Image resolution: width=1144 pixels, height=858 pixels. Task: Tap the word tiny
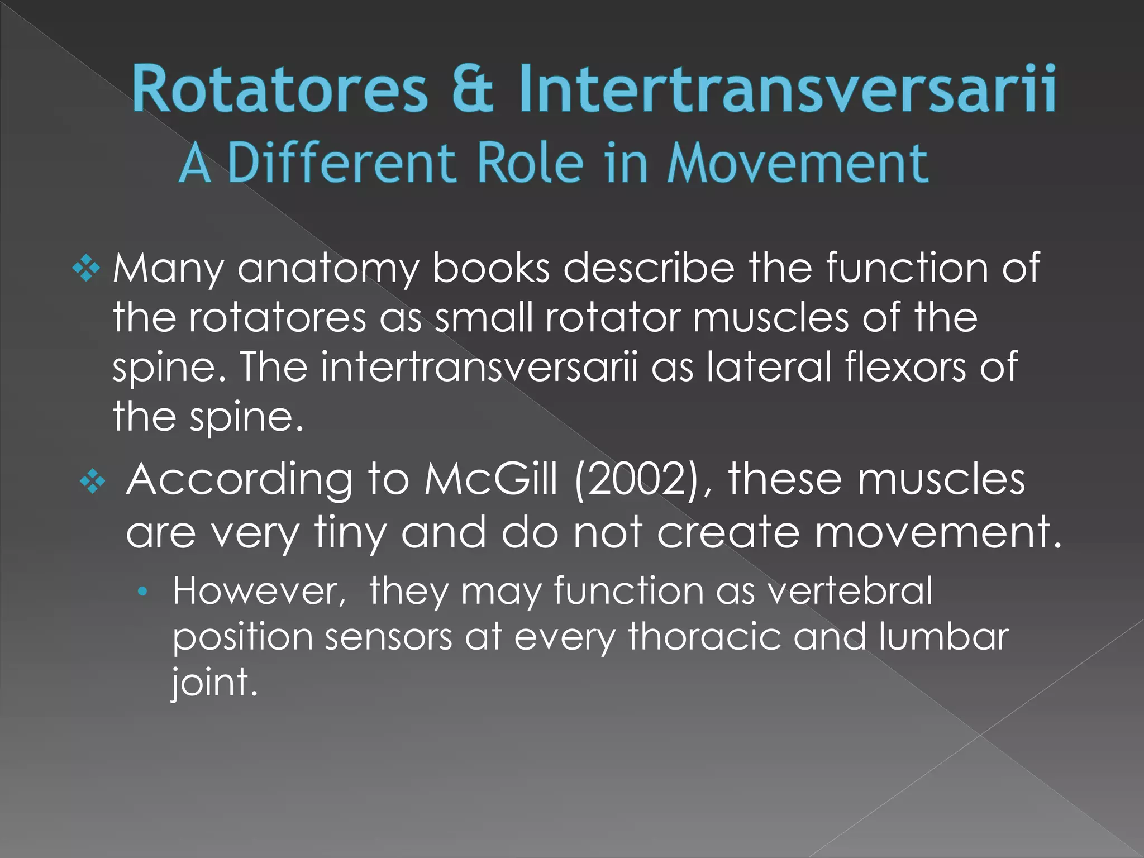coord(350,532)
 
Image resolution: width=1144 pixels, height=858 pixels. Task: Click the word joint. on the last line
coord(214,683)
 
